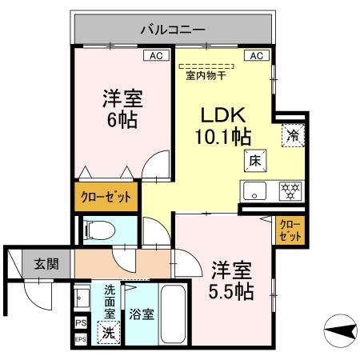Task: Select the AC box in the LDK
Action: coord(257,56)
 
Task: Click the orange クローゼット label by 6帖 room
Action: coord(105,195)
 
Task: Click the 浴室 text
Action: coord(142,315)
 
